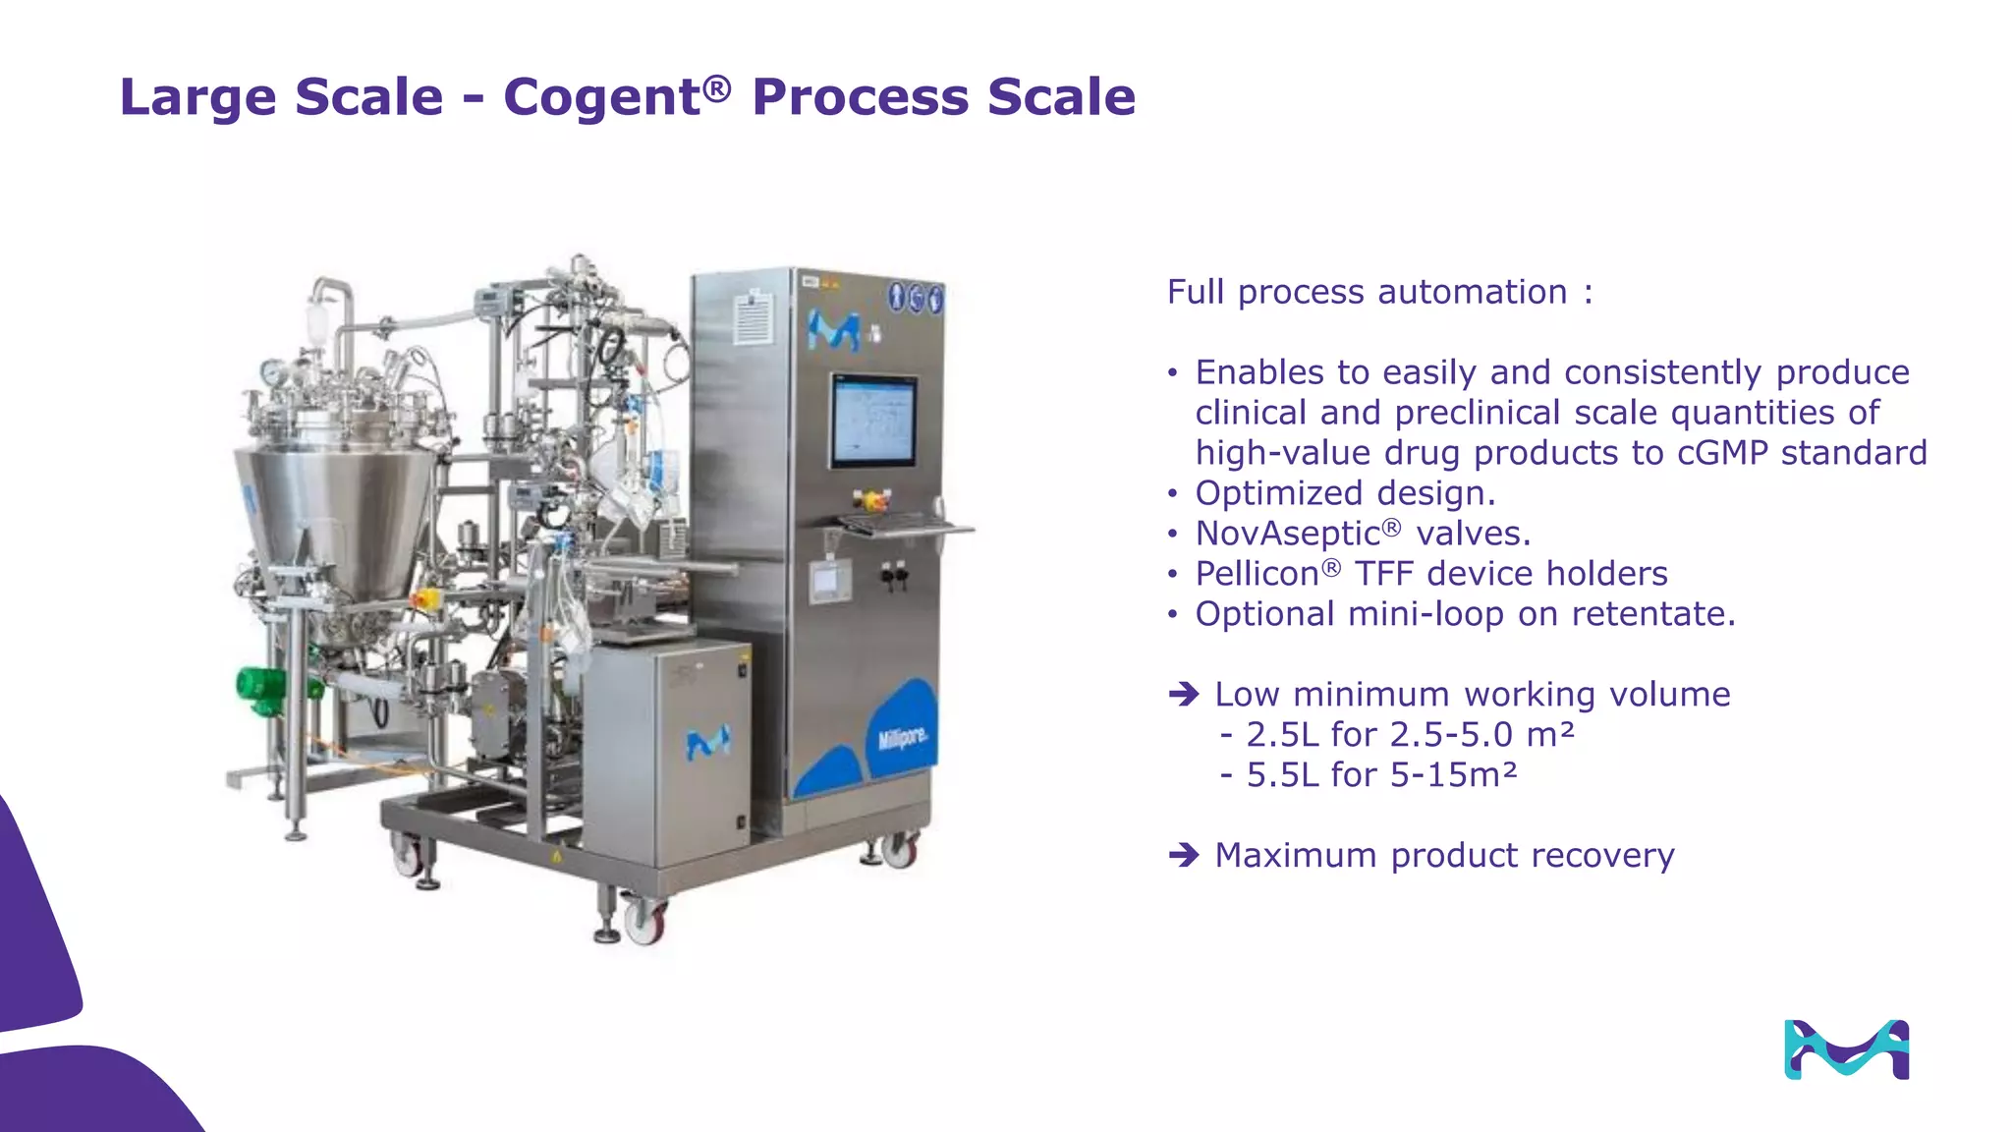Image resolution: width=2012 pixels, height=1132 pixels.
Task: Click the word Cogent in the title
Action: [x=601, y=97]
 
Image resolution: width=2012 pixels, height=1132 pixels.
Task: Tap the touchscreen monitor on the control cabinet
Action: [x=873, y=421]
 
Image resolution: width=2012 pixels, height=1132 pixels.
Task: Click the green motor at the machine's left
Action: [x=258, y=685]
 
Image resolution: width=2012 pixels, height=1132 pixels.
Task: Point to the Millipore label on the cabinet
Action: [x=902, y=736]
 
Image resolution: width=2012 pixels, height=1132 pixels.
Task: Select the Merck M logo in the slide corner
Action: [x=1846, y=1049]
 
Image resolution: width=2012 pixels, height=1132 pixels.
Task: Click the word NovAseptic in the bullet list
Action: [x=1288, y=534]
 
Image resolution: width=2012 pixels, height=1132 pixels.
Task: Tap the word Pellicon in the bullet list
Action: [x=1257, y=574]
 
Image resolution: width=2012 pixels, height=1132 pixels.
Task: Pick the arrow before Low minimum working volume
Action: [x=1184, y=695]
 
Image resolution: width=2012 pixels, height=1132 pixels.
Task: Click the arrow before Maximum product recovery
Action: [x=1184, y=856]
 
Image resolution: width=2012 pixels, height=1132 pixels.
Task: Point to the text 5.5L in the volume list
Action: [x=1283, y=775]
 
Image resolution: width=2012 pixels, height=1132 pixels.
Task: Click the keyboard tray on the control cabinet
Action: [x=904, y=527]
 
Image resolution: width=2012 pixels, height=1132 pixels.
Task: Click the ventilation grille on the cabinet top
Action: [x=754, y=316]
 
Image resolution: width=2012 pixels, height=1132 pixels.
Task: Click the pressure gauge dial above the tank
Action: [x=271, y=372]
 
